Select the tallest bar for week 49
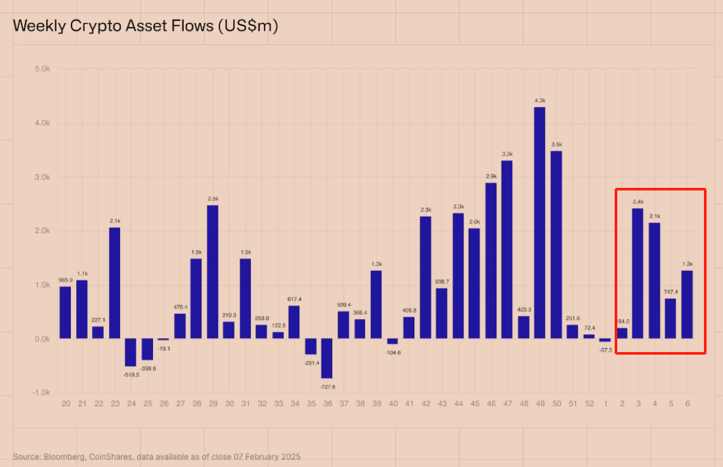(x=540, y=223)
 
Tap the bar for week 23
(x=114, y=283)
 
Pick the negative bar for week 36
(x=326, y=358)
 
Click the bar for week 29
(x=212, y=272)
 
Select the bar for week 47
(x=507, y=250)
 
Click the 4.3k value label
(x=540, y=100)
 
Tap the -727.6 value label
(x=326, y=387)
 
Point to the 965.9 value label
(x=65, y=280)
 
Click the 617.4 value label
(x=294, y=299)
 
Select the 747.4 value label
(x=670, y=291)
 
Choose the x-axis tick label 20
(x=65, y=403)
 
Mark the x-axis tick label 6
(x=687, y=403)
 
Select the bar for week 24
(x=131, y=353)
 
